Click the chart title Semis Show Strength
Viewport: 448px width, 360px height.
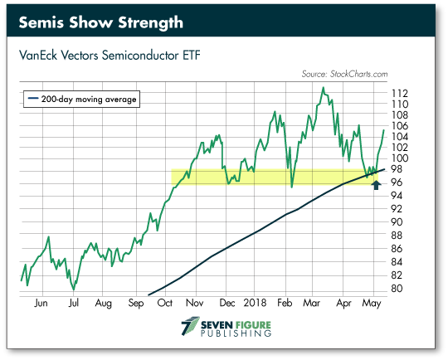tap(101, 22)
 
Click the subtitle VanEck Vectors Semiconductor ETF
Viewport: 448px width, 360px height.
tap(110, 55)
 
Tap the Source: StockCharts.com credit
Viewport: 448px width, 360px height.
tap(344, 74)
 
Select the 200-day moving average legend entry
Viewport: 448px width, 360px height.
tap(81, 100)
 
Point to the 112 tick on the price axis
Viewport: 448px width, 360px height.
tap(399, 94)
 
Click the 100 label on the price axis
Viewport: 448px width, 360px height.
tap(399, 158)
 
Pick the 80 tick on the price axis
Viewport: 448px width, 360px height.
tap(397, 289)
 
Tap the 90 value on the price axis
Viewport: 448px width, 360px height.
tap(397, 222)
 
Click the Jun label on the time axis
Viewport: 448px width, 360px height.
tap(41, 303)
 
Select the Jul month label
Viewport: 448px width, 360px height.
tap(74, 303)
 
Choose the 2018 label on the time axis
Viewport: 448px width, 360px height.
tap(255, 303)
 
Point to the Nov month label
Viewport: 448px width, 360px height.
tap(195, 303)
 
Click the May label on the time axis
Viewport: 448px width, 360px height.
tap(372, 303)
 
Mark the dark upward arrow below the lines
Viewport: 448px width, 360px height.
tap(377, 186)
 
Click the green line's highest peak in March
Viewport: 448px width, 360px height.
tap(324, 87)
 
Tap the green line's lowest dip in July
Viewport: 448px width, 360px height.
tap(74, 289)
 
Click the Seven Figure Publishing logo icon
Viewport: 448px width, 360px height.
tap(190, 326)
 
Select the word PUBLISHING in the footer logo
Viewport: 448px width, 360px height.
tap(236, 333)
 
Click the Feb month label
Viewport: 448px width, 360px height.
tap(285, 303)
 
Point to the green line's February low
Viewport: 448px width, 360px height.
tap(292, 187)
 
